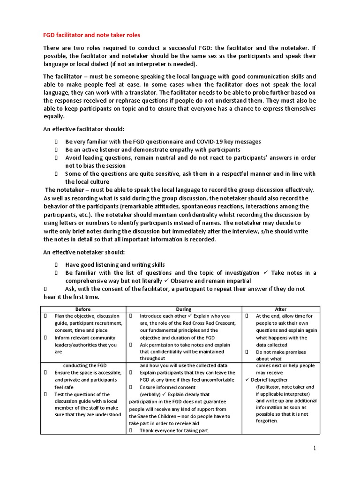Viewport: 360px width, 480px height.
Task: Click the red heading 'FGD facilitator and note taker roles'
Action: (x=91, y=35)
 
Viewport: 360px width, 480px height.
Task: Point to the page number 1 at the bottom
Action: (x=315, y=448)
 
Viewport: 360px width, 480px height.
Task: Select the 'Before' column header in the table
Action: (x=83, y=309)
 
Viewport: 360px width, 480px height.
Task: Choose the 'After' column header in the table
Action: (x=281, y=309)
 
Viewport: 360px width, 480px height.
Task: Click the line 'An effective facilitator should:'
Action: (x=84, y=129)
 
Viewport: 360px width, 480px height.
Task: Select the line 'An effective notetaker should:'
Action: (x=83, y=252)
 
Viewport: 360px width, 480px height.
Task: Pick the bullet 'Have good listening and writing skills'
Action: (x=115, y=264)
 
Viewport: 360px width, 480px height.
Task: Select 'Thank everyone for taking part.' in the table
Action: (x=174, y=430)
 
